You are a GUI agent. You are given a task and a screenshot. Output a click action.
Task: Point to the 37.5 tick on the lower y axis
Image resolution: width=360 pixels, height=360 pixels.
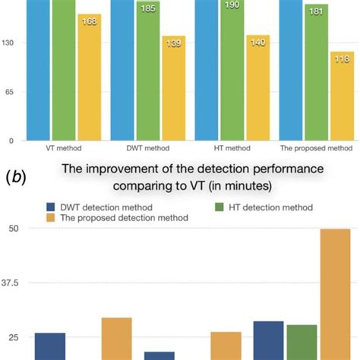(x=15, y=283)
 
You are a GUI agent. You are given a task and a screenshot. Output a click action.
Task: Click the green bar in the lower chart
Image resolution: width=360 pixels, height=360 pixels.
(x=302, y=342)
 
